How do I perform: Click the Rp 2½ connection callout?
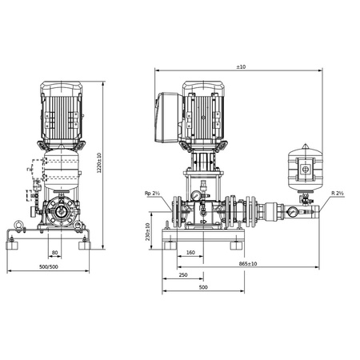point(153,193)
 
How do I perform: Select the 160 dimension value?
point(190,252)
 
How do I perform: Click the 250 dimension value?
point(183,274)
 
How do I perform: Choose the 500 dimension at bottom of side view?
point(202,287)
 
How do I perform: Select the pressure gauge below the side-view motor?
point(194,195)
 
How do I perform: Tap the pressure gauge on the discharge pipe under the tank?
point(294,214)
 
